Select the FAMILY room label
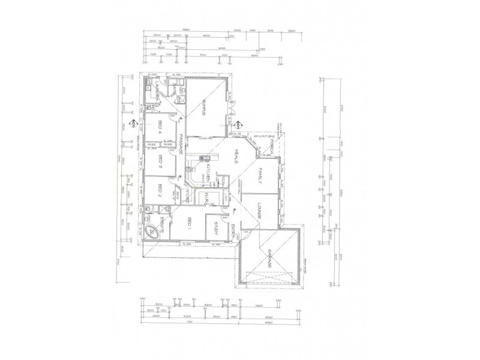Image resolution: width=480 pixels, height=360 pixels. click(x=261, y=178)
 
